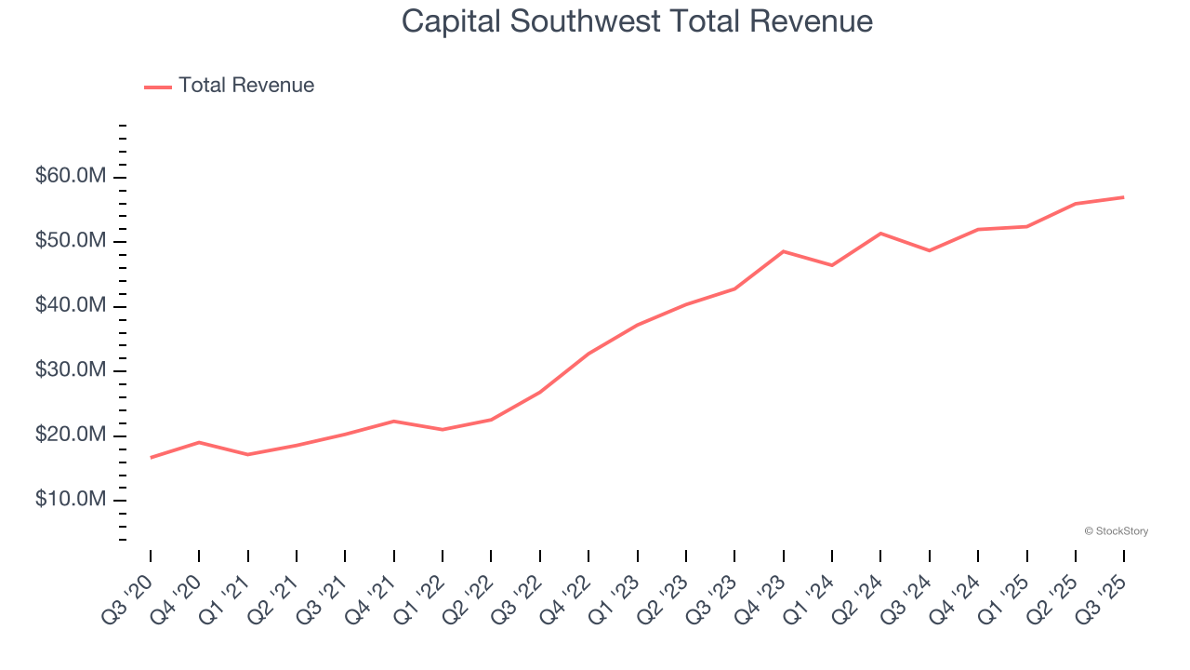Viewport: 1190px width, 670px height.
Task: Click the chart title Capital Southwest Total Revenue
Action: [x=637, y=20]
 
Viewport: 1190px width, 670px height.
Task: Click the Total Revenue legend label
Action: [x=246, y=86]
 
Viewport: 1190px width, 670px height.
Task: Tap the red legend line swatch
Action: [x=158, y=87]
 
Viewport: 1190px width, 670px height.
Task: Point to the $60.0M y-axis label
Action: [x=71, y=177]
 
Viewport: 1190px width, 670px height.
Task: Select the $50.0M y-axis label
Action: [x=71, y=242]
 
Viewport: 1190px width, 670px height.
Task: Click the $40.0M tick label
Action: [x=71, y=306]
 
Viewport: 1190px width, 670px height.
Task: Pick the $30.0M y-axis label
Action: [x=71, y=371]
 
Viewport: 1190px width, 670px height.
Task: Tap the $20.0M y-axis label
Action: [x=71, y=435]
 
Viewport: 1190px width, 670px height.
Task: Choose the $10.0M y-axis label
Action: [x=71, y=501]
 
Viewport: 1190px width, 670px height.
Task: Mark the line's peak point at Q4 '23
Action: [x=784, y=251]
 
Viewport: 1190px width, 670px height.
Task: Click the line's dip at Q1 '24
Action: [x=832, y=265]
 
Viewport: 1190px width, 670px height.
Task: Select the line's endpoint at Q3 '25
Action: [x=1124, y=197]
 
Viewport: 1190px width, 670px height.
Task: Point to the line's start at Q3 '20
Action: [x=151, y=457]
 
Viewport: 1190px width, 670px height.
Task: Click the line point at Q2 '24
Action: [x=880, y=234]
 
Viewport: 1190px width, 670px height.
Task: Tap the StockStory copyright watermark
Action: [x=1116, y=531]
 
